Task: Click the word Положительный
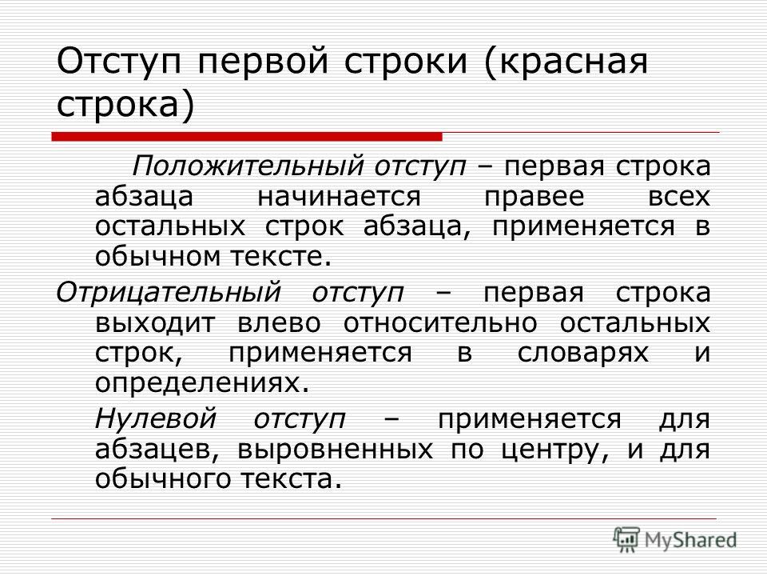point(248,166)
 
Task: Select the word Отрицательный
point(169,294)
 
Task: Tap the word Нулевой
point(156,418)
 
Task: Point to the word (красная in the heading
point(566,62)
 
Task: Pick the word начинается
point(339,197)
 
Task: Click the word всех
point(679,197)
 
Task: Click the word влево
point(280,323)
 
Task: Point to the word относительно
point(440,323)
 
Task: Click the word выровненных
point(335,450)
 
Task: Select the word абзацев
point(156,450)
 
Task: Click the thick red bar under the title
point(247,137)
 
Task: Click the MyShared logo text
point(690,539)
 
